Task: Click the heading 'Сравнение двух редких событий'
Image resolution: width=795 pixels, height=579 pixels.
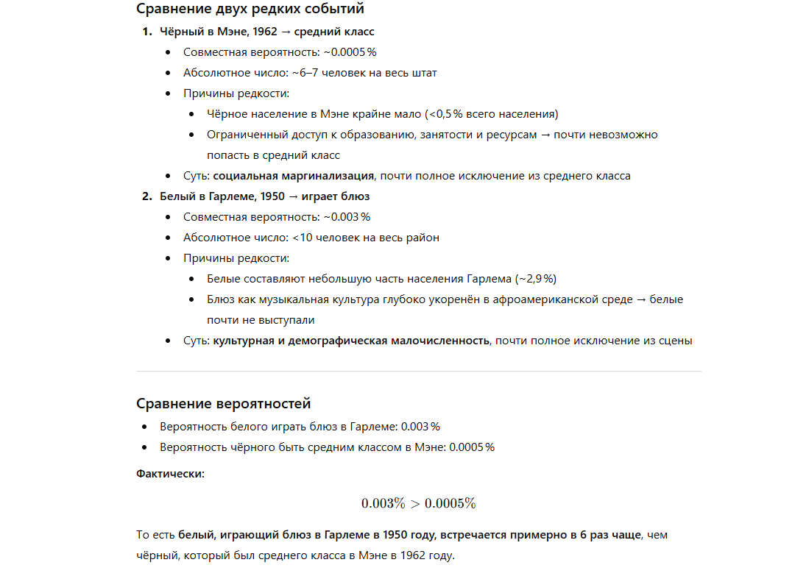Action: pyautogui.click(x=250, y=9)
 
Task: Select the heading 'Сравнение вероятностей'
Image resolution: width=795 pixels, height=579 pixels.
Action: pyautogui.click(x=224, y=403)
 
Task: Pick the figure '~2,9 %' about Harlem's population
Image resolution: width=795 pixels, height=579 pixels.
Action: pyautogui.click(x=535, y=279)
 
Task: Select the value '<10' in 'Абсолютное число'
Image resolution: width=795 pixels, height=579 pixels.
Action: pyautogui.click(x=303, y=238)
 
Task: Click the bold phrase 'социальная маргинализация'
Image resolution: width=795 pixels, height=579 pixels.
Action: pyautogui.click(x=294, y=176)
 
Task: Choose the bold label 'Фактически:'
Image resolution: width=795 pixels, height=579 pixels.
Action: pyautogui.click(x=171, y=473)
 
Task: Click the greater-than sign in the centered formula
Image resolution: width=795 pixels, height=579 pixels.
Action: pyautogui.click(x=415, y=503)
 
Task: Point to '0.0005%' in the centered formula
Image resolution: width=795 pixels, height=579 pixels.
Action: pyautogui.click(x=450, y=503)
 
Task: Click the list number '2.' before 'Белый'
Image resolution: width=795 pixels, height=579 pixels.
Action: pyautogui.click(x=146, y=196)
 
